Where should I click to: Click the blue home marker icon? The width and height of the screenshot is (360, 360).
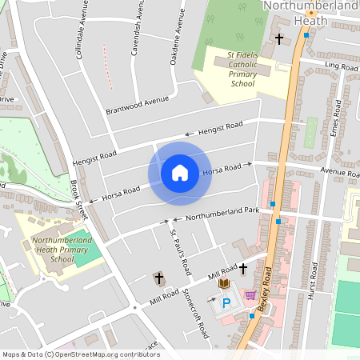click(180, 172)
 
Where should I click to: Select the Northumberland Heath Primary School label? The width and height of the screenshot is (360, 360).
click(62, 249)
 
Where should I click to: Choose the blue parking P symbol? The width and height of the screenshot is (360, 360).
click(226, 303)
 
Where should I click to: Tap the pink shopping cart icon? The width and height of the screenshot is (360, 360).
click(250, 294)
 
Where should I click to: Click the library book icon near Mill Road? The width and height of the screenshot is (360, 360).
click(225, 284)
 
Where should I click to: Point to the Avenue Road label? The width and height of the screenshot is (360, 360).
click(341, 172)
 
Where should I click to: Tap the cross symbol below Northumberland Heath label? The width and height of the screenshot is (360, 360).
click(279, 38)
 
